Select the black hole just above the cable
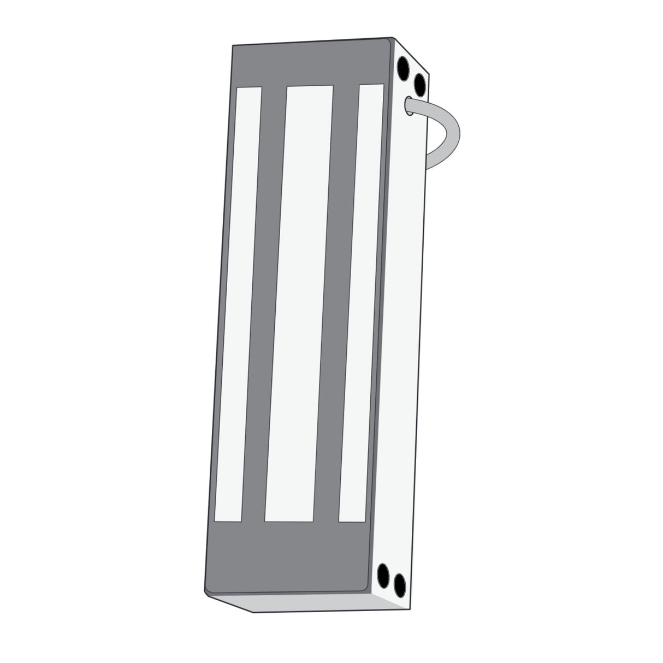click(419, 84)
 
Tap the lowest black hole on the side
click(400, 587)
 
